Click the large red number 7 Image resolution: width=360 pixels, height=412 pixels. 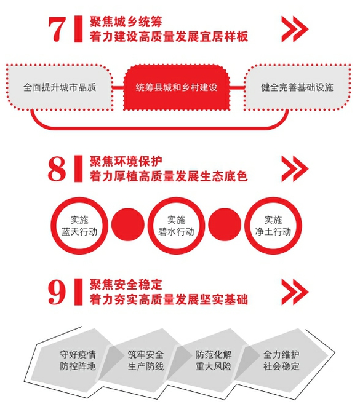(x=57, y=30)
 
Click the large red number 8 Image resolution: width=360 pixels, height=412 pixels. (x=57, y=169)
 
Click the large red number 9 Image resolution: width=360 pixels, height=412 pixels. (x=57, y=292)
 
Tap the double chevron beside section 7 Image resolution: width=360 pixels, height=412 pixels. (x=294, y=29)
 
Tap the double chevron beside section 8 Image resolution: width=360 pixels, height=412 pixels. (x=294, y=168)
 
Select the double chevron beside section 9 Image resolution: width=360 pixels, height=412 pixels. (x=294, y=292)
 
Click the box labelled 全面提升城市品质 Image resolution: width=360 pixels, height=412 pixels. (x=60, y=87)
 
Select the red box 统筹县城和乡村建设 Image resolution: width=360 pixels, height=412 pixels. (x=177, y=87)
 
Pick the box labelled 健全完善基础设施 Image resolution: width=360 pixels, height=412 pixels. (x=297, y=87)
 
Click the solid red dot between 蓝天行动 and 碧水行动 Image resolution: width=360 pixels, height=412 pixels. (x=128, y=225)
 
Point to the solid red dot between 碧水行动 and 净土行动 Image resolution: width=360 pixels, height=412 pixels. (x=225, y=225)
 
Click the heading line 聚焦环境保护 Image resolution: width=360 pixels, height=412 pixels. (x=126, y=161)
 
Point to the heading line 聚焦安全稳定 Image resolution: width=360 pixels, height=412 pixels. (x=126, y=284)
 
